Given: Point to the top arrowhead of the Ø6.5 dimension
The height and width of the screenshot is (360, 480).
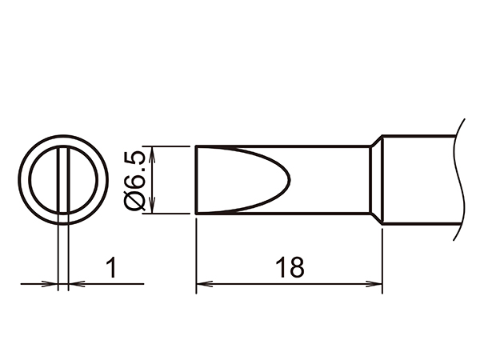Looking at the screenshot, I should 151,151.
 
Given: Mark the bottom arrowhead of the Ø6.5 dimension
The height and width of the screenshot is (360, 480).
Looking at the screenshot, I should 151,208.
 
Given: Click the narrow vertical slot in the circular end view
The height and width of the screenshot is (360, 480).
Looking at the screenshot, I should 63,179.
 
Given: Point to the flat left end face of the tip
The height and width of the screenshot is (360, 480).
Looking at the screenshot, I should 197,179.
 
